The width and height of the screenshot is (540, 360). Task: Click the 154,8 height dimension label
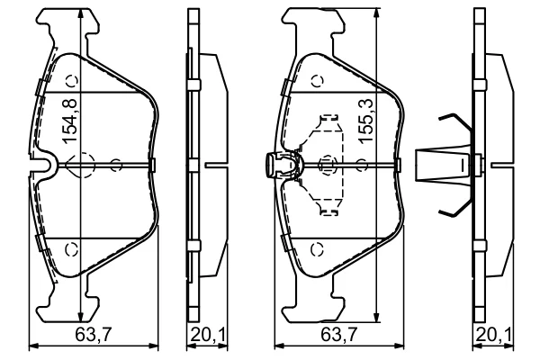click(69, 121)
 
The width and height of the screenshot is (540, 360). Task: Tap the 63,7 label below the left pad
click(94, 334)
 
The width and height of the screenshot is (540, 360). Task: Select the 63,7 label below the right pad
click(339, 334)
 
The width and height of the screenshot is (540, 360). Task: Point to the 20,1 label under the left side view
click(208, 334)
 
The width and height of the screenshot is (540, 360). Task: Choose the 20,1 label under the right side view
click(494, 334)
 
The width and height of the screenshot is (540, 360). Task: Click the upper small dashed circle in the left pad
click(72, 81)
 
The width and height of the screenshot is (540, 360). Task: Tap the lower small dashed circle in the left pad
click(72, 248)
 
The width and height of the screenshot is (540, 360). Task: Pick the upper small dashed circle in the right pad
click(318, 81)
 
